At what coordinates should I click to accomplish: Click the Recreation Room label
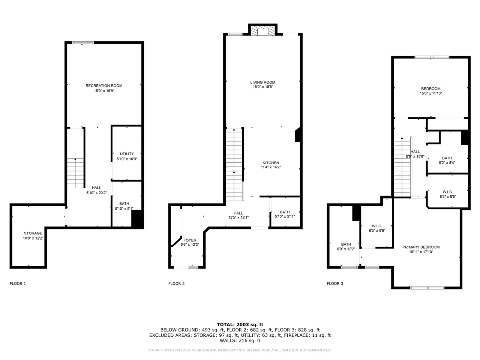(104, 86)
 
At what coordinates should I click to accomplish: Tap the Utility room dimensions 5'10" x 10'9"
(127, 159)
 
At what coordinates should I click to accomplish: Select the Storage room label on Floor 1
(33, 233)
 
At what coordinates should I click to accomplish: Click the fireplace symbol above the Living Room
(262, 31)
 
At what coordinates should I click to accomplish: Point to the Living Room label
(262, 82)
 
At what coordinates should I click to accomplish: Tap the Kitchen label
(270, 163)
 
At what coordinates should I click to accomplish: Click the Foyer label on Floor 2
(189, 240)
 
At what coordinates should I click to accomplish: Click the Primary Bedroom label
(421, 247)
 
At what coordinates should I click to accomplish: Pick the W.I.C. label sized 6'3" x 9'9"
(376, 226)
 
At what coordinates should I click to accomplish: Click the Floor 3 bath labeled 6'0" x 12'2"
(346, 244)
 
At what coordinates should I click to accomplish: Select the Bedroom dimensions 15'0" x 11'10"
(430, 93)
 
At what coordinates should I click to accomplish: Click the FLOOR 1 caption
(18, 283)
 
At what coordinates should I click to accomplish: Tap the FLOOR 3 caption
(335, 283)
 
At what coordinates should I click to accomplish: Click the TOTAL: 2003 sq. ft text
(240, 324)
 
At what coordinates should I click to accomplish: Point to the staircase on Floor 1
(75, 173)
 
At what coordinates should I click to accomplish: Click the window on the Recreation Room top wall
(83, 43)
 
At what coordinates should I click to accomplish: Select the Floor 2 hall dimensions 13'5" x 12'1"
(238, 217)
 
